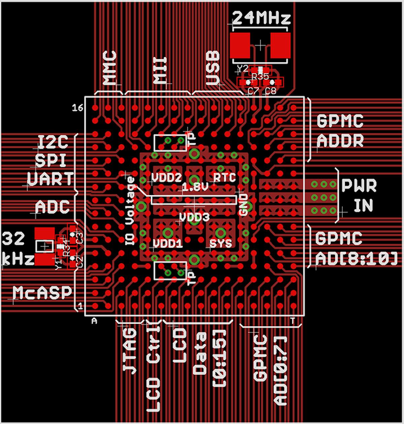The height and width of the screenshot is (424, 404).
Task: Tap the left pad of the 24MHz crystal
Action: point(240,45)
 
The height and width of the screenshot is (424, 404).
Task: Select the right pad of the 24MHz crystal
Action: point(280,45)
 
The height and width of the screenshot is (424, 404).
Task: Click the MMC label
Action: point(110,68)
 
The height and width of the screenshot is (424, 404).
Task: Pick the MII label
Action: point(160,70)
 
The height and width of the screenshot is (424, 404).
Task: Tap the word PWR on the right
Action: point(359,186)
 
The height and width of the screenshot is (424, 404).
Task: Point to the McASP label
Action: point(43,292)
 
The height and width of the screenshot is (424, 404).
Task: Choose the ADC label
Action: point(53,207)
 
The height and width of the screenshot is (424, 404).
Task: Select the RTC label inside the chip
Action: point(225,177)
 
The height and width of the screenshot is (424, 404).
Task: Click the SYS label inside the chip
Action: point(221,243)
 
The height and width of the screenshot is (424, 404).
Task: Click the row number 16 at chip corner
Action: point(78,108)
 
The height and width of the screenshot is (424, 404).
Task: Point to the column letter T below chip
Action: point(293,321)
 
